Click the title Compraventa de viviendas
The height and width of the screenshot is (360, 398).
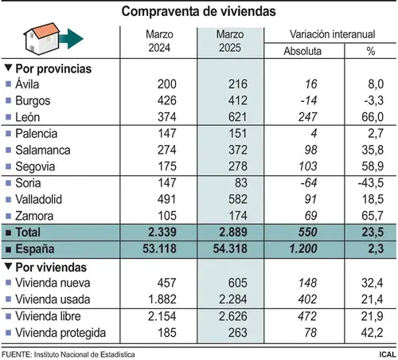(198, 11)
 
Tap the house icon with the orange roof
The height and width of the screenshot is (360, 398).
(42, 39)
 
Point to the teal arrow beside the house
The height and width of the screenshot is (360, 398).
(72, 39)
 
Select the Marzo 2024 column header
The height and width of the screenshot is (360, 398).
(159, 41)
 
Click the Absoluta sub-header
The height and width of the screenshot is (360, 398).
(302, 51)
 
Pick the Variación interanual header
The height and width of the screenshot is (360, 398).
(332, 34)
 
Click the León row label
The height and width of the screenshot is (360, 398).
(28, 117)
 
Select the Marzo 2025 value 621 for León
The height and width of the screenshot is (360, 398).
(237, 117)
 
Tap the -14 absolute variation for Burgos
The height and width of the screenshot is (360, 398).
(309, 100)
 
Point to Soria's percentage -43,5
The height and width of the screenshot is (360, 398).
(371, 183)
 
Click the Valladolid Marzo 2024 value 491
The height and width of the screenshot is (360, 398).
(166, 199)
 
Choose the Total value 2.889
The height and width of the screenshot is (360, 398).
(233, 233)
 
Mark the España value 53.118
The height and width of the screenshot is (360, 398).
(159, 248)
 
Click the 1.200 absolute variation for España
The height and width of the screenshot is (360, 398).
(303, 248)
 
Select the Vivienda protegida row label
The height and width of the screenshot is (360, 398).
(60, 333)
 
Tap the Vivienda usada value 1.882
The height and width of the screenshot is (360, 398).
(162, 299)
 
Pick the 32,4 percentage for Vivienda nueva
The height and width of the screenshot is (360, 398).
(372, 283)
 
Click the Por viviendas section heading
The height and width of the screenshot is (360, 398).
(51, 268)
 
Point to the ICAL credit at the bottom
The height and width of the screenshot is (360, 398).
(388, 354)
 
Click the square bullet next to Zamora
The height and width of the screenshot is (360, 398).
(9, 216)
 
